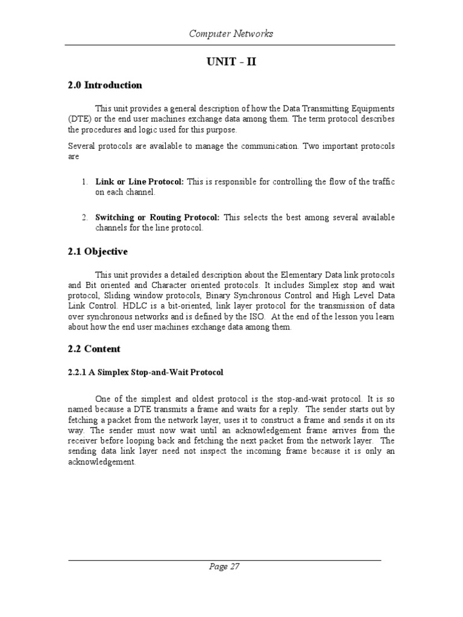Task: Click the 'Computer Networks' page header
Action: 231,34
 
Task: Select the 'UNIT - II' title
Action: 231,62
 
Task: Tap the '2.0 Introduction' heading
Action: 105,85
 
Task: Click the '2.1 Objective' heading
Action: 98,251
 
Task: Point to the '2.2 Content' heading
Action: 94,349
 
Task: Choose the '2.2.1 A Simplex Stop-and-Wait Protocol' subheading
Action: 145,372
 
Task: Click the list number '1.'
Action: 85,182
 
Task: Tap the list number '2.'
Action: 85,218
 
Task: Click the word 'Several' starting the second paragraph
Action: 81,146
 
